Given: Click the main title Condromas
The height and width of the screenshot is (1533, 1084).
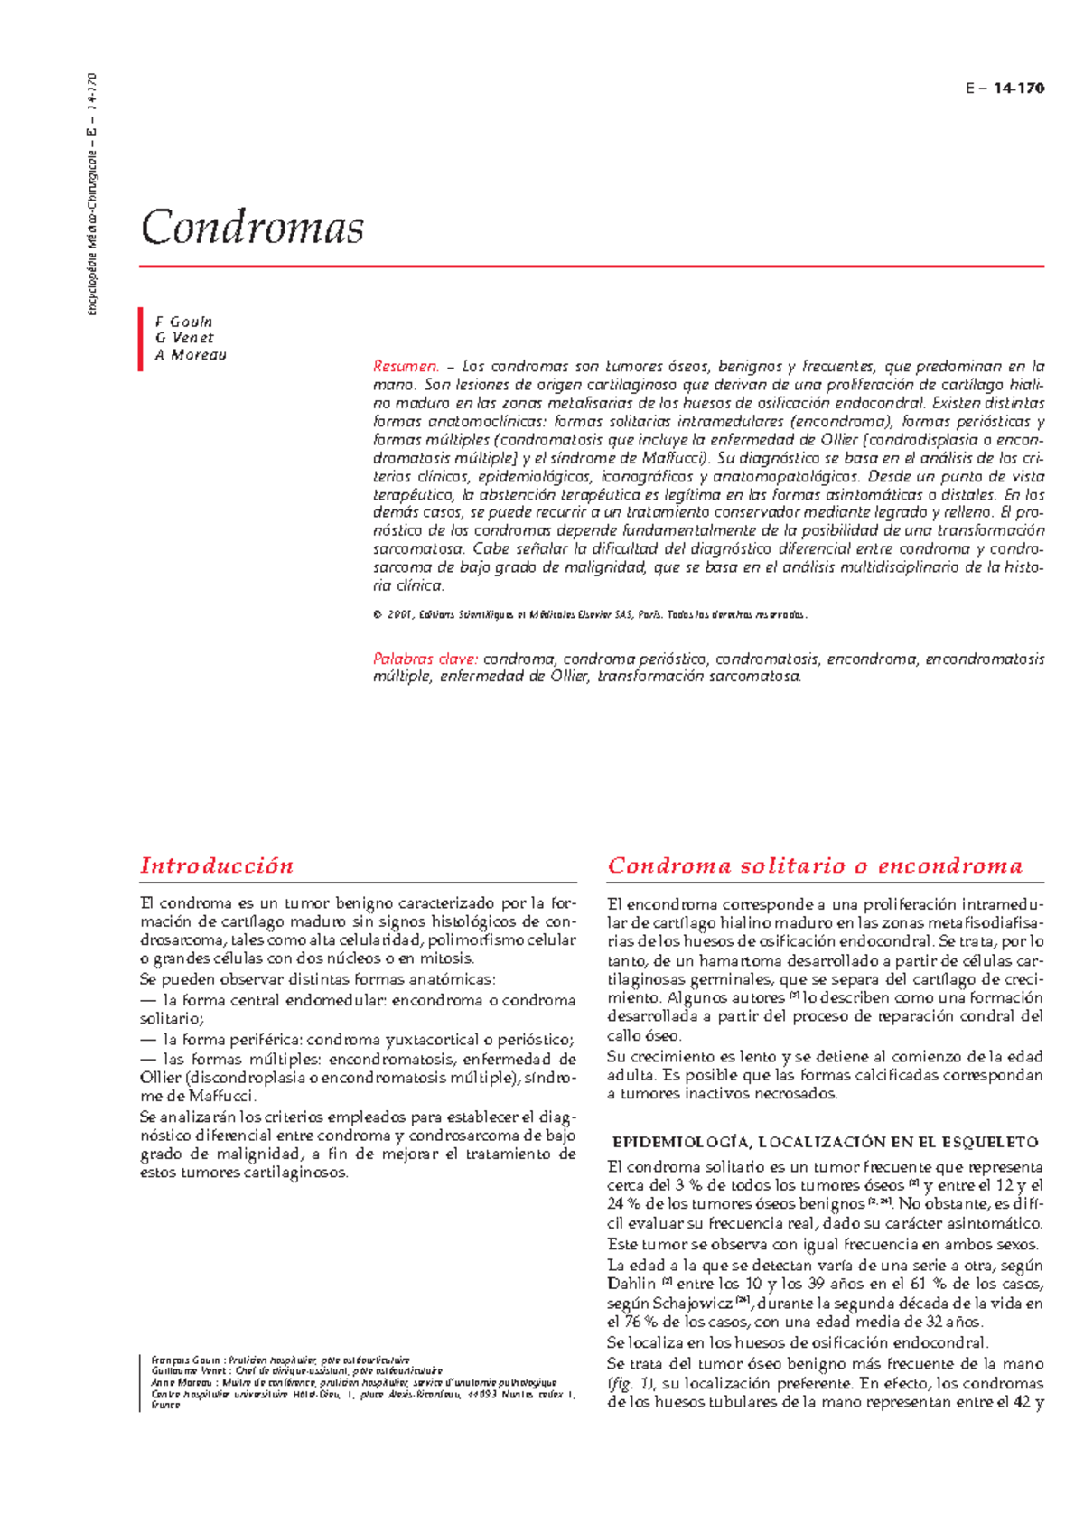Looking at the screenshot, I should point(252,227).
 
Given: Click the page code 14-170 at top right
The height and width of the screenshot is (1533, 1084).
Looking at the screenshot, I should point(1018,89).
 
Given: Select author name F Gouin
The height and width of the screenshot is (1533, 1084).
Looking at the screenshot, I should point(184,322).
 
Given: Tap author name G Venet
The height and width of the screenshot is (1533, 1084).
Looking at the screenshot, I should point(184,338).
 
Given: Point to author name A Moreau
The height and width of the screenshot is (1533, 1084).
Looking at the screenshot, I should point(191,355).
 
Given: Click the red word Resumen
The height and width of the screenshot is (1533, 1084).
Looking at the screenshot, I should point(406,367).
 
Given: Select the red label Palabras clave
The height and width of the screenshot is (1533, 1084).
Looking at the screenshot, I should point(425,659).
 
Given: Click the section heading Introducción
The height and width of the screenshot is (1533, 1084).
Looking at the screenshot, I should point(217,865).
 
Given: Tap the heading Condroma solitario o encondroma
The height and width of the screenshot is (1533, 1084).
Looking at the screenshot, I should point(815,865).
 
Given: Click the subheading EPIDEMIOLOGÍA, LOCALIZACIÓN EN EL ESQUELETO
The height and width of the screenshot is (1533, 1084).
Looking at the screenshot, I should point(826,1142).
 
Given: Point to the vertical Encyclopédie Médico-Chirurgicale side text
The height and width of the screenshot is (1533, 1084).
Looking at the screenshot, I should point(92,194).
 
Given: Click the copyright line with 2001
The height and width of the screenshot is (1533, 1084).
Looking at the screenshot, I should point(589,615).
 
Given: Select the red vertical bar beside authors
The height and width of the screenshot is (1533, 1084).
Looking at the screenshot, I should point(141,339).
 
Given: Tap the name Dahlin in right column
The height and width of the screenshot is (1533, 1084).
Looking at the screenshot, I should point(631,1284).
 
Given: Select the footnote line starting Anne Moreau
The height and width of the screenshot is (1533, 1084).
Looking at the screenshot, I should point(352,1382).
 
